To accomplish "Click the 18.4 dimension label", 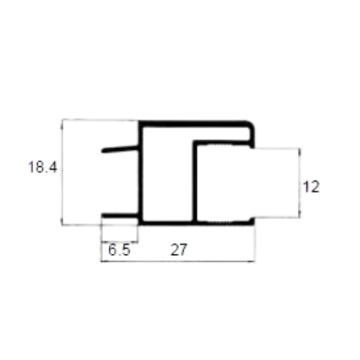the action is click(42, 167).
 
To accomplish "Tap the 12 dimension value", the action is click(311, 187).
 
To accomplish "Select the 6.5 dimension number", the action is click(119, 249).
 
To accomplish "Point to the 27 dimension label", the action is click(179, 249).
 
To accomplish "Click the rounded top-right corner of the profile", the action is click(251, 125).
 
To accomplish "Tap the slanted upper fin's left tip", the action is click(102, 151).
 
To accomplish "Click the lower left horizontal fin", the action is click(120, 215).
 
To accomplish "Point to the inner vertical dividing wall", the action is click(194, 182).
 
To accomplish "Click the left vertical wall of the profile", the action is click(141, 172).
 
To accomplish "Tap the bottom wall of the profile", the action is click(195, 223).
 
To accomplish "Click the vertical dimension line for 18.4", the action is click(63, 172).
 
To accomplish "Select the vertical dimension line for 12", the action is click(299, 183).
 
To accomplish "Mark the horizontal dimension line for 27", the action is click(178, 261).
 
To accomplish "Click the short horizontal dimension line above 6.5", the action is click(120, 242).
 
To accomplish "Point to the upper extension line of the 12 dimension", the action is click(276, 148).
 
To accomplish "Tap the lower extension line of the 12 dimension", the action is click(276, 217).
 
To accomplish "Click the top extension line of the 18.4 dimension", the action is click(100, 120).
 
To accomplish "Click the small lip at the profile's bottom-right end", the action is click(252, 221).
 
